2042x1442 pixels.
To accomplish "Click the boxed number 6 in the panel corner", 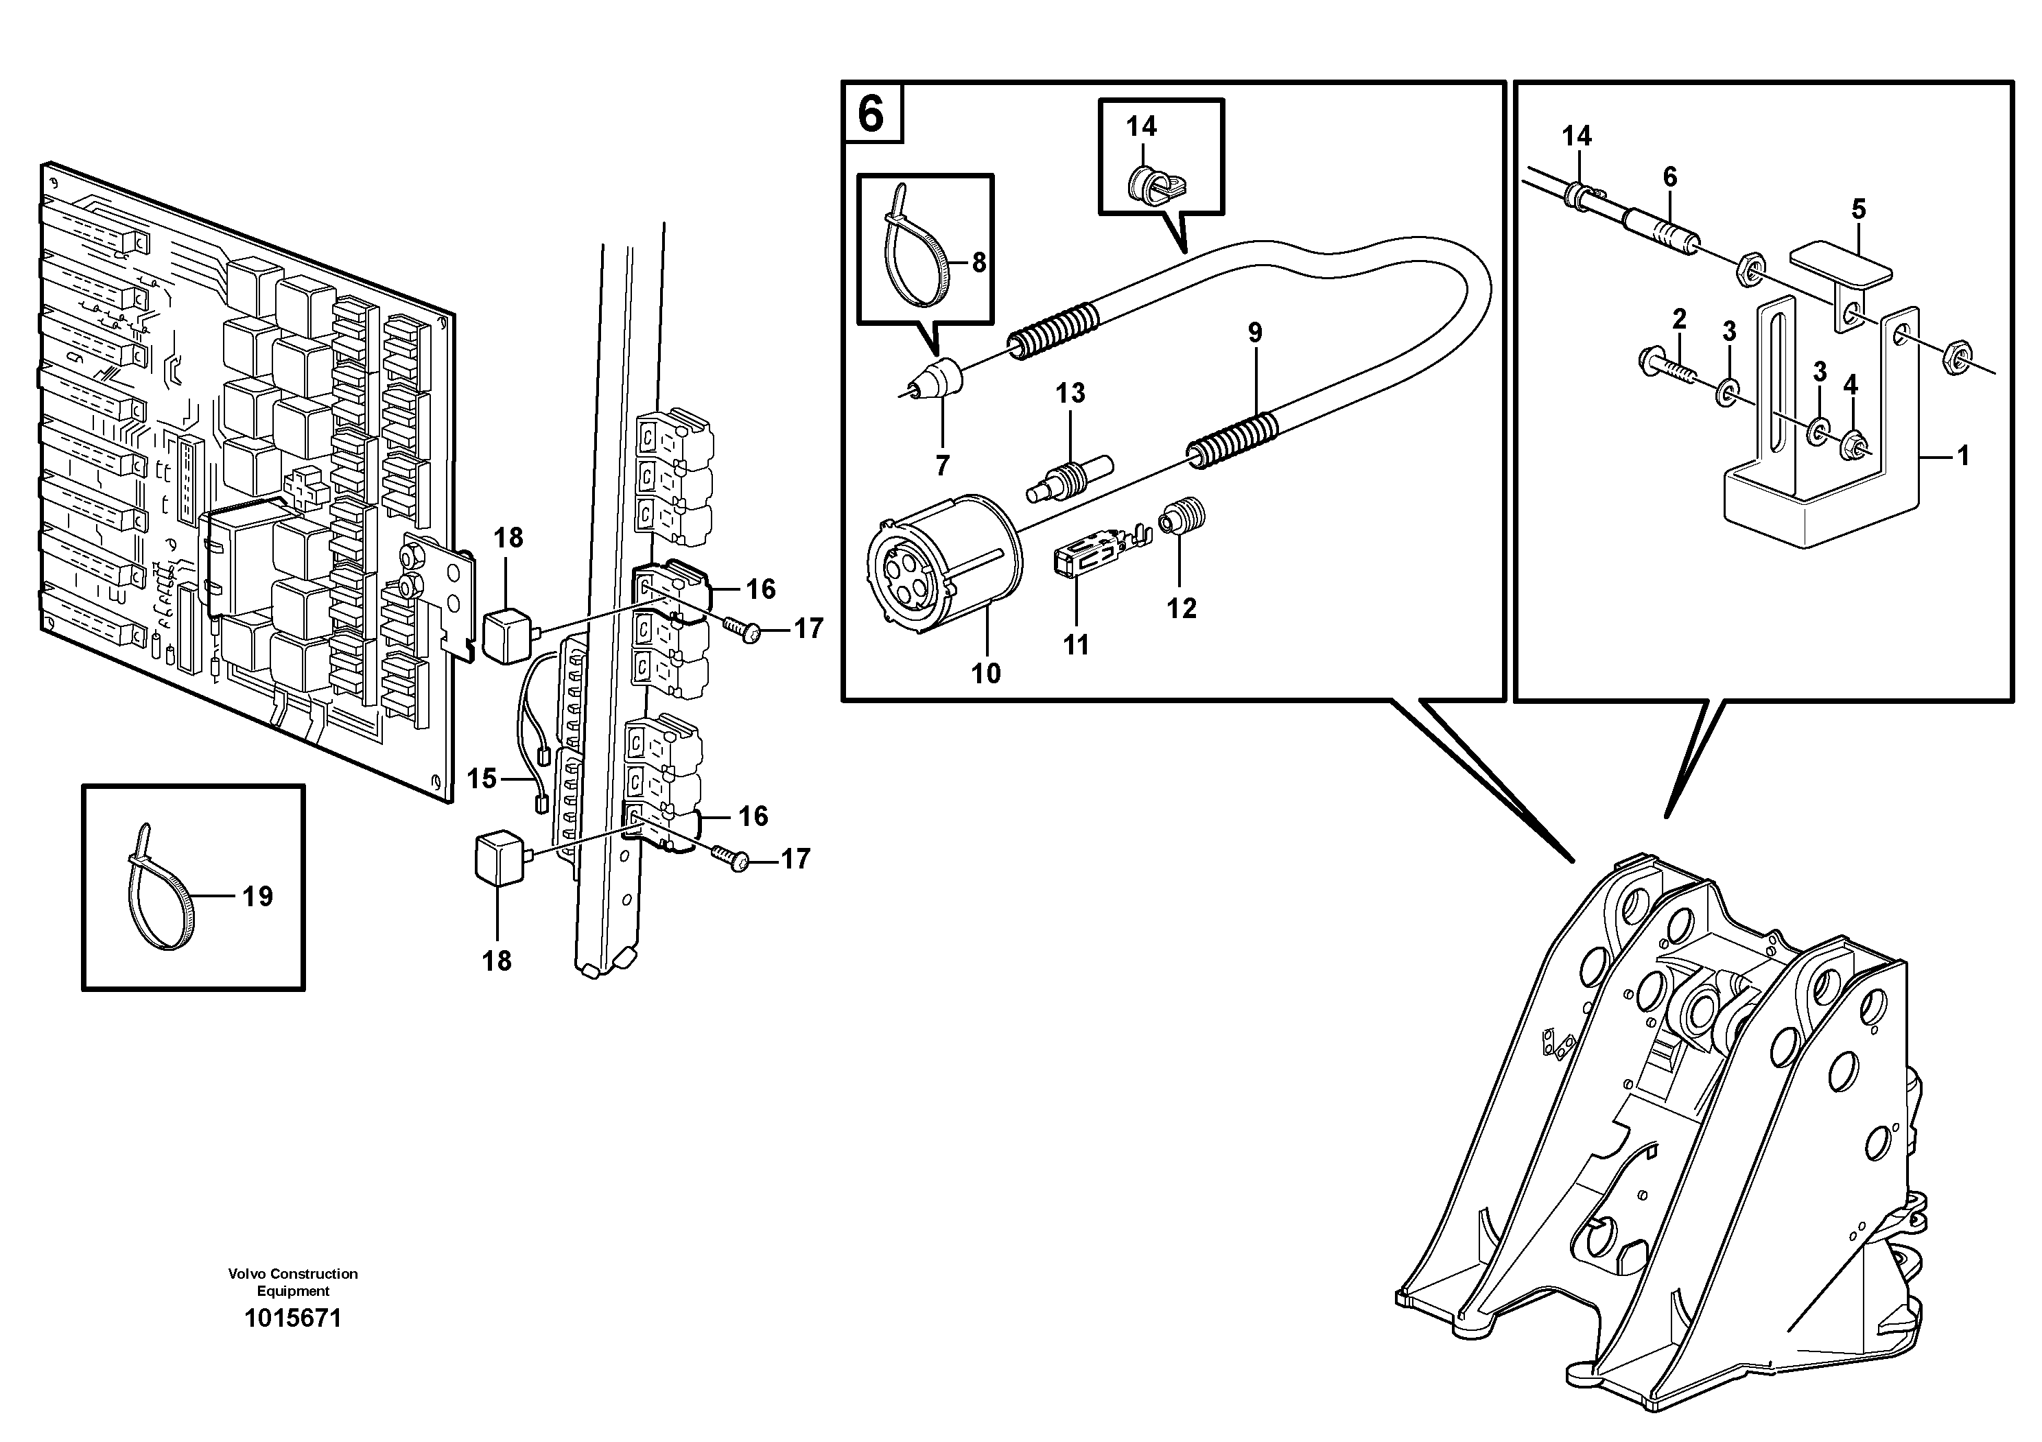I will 871,114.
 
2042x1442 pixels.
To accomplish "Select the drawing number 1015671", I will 292,1318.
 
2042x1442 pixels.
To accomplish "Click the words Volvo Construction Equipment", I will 292,1282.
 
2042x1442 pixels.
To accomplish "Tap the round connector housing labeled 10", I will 943,564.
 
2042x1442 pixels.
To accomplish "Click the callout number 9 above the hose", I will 1254,333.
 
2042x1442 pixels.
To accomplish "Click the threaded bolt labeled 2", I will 1667,364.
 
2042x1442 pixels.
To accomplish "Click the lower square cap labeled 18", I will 498,858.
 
